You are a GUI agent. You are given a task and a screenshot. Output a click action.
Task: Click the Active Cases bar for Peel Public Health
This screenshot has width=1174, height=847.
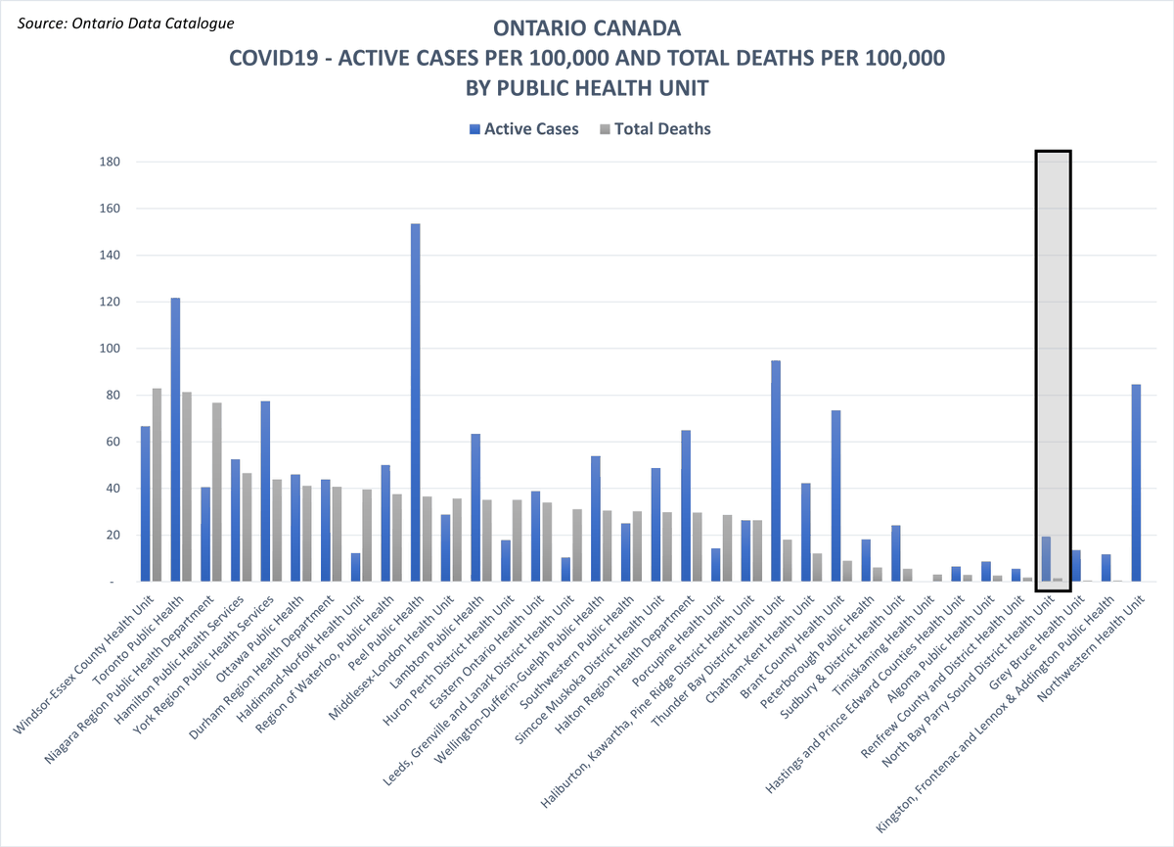415,401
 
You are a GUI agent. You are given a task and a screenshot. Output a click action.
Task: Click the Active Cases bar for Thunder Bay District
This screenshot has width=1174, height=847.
776,471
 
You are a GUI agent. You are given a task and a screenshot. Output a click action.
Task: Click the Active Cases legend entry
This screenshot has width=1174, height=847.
524,129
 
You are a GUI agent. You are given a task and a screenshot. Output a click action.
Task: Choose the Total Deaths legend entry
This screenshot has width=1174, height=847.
655,129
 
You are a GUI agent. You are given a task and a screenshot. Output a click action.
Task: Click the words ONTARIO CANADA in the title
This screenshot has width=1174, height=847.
586,28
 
